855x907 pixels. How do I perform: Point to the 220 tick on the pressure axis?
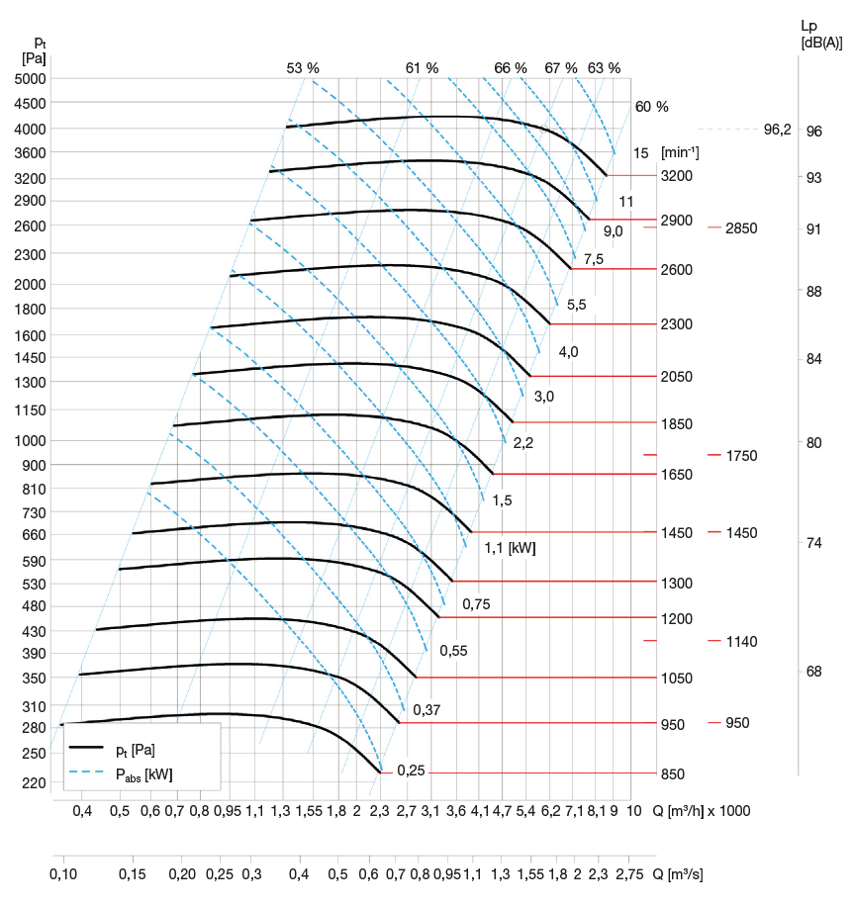pos(34,783)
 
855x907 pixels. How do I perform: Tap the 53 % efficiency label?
pos(303,68)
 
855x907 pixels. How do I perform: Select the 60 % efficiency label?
pos(652,107)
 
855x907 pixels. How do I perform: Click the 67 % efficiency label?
pos(561,68)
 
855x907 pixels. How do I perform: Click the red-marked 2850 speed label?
pos(740,228)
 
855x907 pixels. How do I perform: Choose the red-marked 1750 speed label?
pos(740,456)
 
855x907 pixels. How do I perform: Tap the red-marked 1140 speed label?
pos(740,642)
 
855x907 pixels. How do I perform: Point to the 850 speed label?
pos(673,773)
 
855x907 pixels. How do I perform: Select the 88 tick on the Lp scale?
pos(813,292)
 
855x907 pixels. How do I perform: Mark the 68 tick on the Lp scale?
pos(813,672)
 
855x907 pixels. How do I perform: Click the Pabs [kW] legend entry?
pos(144,773)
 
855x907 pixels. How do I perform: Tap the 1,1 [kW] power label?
pos(509,546)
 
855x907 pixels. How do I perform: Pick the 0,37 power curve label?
pos(427,710)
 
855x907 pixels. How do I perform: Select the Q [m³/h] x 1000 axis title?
pos(702,811)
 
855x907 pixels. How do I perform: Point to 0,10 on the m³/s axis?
pos(63,874)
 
